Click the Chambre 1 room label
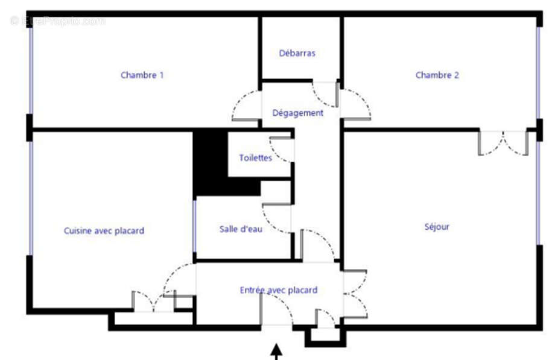[x=142, y=75]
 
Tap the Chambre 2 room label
[x=437, y=75]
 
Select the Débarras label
[x=297, y=53]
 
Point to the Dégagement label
[x=297, y=113]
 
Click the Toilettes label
[x=255, y=158]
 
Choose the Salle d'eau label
[x=240, y=229]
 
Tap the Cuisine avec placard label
[x=104, y=230]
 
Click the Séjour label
[x=437, y=227]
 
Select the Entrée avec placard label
[x=278, y=290]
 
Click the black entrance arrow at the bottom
[x=276, y=350]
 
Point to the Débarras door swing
[x=324, y=92]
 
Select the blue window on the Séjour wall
[x=538, y=193]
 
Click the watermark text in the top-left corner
[x=57, y=21]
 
